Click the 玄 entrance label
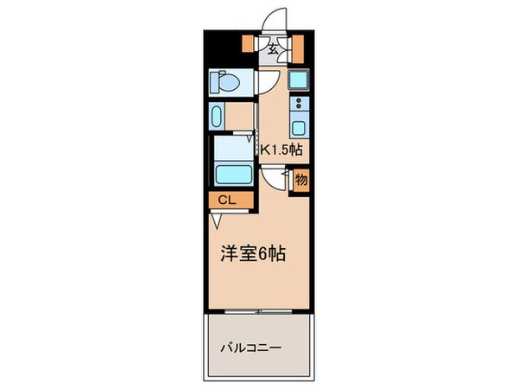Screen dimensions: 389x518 coord(273,49)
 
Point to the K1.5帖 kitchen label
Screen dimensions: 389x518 coord(281,150)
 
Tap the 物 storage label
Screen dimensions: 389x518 coord(301,181)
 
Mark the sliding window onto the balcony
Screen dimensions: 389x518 coord(258,309)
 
